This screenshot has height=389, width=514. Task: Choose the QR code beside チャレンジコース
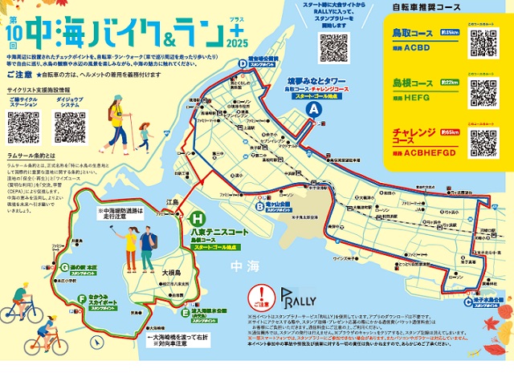483,142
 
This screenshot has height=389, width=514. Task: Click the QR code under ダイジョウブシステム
70,127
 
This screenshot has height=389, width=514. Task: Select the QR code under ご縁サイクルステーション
22,127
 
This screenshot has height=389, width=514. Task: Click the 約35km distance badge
449,33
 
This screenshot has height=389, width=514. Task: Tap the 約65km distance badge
449,132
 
